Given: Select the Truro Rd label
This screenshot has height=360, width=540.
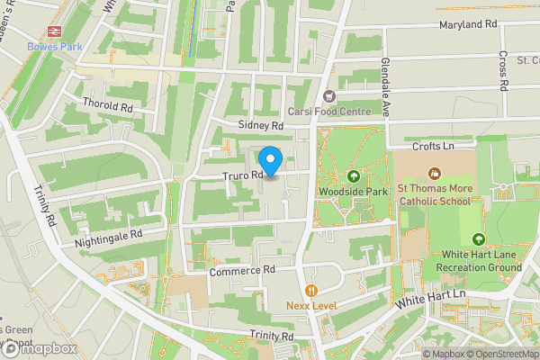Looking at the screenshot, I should tap(243, 175).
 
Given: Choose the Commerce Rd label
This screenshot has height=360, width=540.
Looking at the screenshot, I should tap(241, 270).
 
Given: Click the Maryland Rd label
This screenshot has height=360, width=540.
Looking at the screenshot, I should tap(468, 24).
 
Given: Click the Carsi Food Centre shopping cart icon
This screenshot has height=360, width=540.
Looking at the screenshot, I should tap(328, 95).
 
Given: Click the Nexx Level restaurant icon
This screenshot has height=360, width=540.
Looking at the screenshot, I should tap(311, 290).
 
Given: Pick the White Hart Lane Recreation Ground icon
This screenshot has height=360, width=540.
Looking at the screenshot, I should tap(478, 238).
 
